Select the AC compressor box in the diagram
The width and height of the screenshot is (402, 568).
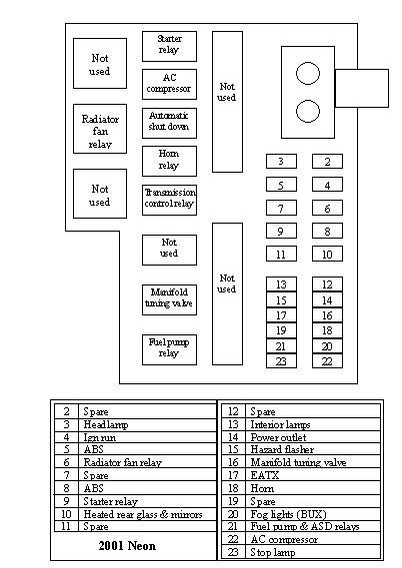[169, 83]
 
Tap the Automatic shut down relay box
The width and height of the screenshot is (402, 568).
[169, 123]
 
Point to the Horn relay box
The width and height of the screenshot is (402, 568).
[169, 160]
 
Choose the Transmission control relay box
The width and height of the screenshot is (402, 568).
[169, 199]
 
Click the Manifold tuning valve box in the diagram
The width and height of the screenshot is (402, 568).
[169, 296]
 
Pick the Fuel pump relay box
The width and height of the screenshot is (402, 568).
[169, 347]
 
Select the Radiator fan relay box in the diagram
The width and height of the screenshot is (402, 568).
[100, 132]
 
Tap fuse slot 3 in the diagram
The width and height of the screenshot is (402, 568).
[281, 162]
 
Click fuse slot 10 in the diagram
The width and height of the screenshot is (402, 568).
[327, 255]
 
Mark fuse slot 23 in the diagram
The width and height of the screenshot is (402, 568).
[281, 361]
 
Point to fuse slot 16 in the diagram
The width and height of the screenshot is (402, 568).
[327, 315]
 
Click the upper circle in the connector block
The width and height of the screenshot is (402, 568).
[309, 72]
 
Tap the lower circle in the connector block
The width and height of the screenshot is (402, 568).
[309, 111]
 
